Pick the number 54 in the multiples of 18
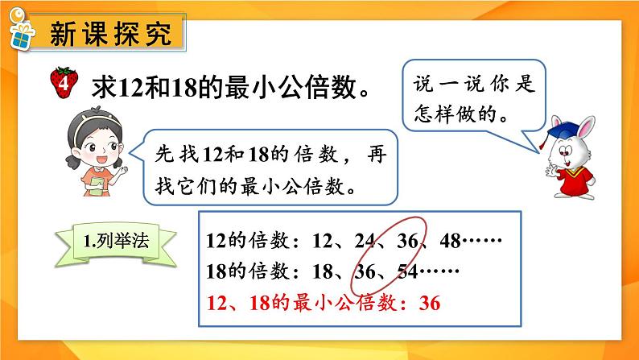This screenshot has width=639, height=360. point(410,272)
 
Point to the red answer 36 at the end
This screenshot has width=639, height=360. point(431,304)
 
